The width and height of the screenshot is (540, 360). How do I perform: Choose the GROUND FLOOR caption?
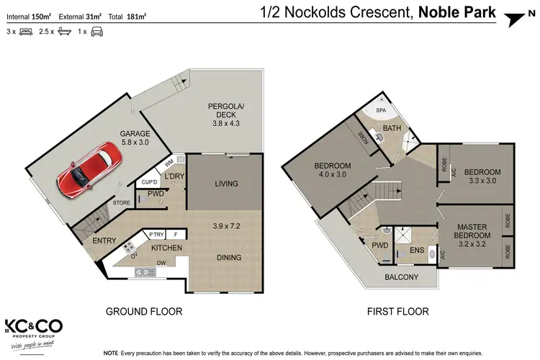coord(144,312)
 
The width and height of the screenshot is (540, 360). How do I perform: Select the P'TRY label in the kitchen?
coord(156,235)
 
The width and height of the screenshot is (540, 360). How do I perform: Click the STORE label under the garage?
coord(121,203)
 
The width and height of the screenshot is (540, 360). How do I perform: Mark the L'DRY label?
coord(174,176)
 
